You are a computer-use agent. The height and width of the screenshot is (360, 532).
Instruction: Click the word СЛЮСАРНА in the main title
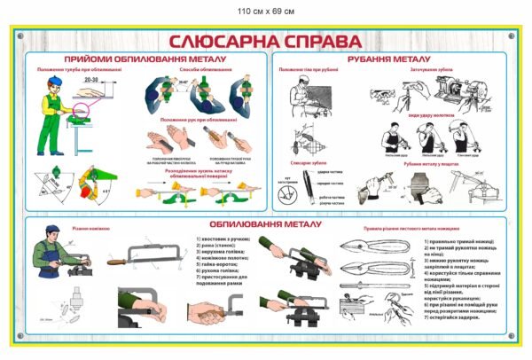pyautogui.click(x=219, y=42)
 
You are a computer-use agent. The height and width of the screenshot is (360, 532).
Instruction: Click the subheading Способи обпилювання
pyautogui.click(x=199, y=70)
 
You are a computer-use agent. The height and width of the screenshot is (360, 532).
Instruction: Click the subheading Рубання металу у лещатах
pyautogui.click(x=434, y=163)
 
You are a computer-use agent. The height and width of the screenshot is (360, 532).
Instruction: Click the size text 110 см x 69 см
pyautogui.click(x=266, y=10)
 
